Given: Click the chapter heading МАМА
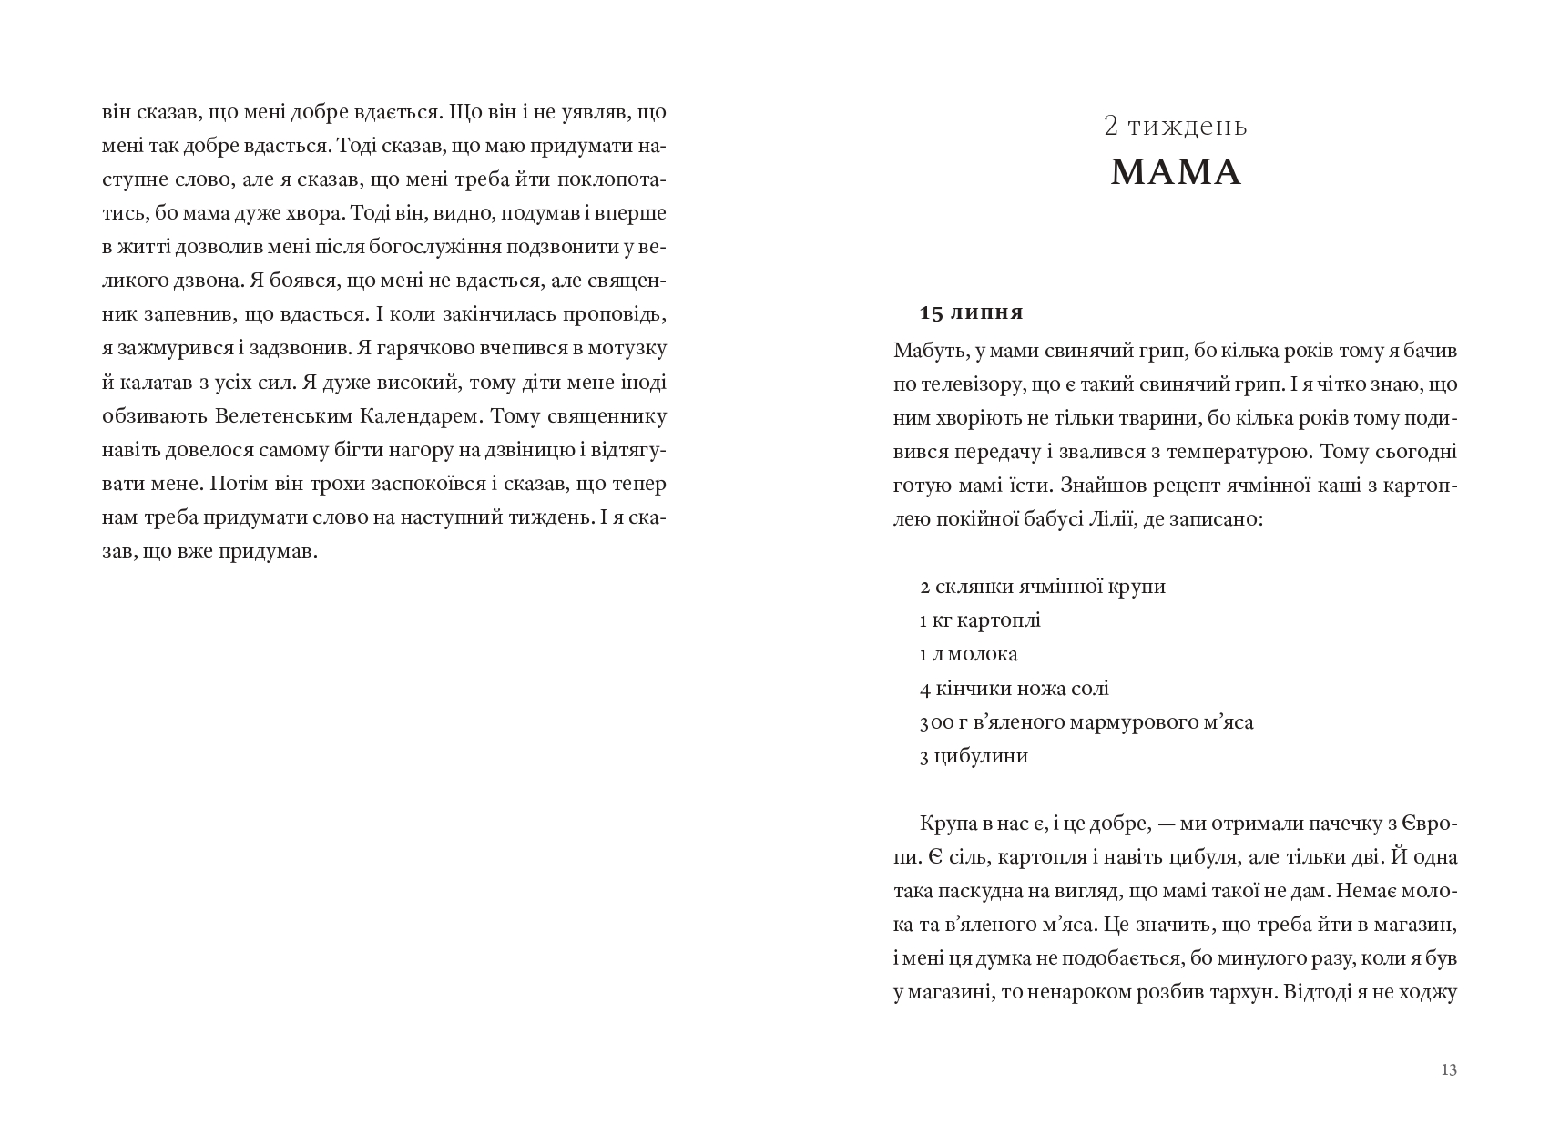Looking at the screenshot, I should point(1176,172).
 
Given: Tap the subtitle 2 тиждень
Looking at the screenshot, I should point(1176,126).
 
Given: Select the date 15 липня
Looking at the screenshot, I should point(972,313).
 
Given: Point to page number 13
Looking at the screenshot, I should point(1449,1070).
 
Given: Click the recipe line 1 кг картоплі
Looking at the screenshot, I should point(980,620).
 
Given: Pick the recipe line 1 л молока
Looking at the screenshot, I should point(968,654).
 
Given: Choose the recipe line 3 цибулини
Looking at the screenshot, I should point(974,756).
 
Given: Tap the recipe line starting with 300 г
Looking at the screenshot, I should point(1086,722).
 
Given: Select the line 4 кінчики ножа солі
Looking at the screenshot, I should point(1014,689).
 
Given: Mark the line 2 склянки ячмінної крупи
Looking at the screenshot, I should point(1043,587).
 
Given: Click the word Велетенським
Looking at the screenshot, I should point(275,417).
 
